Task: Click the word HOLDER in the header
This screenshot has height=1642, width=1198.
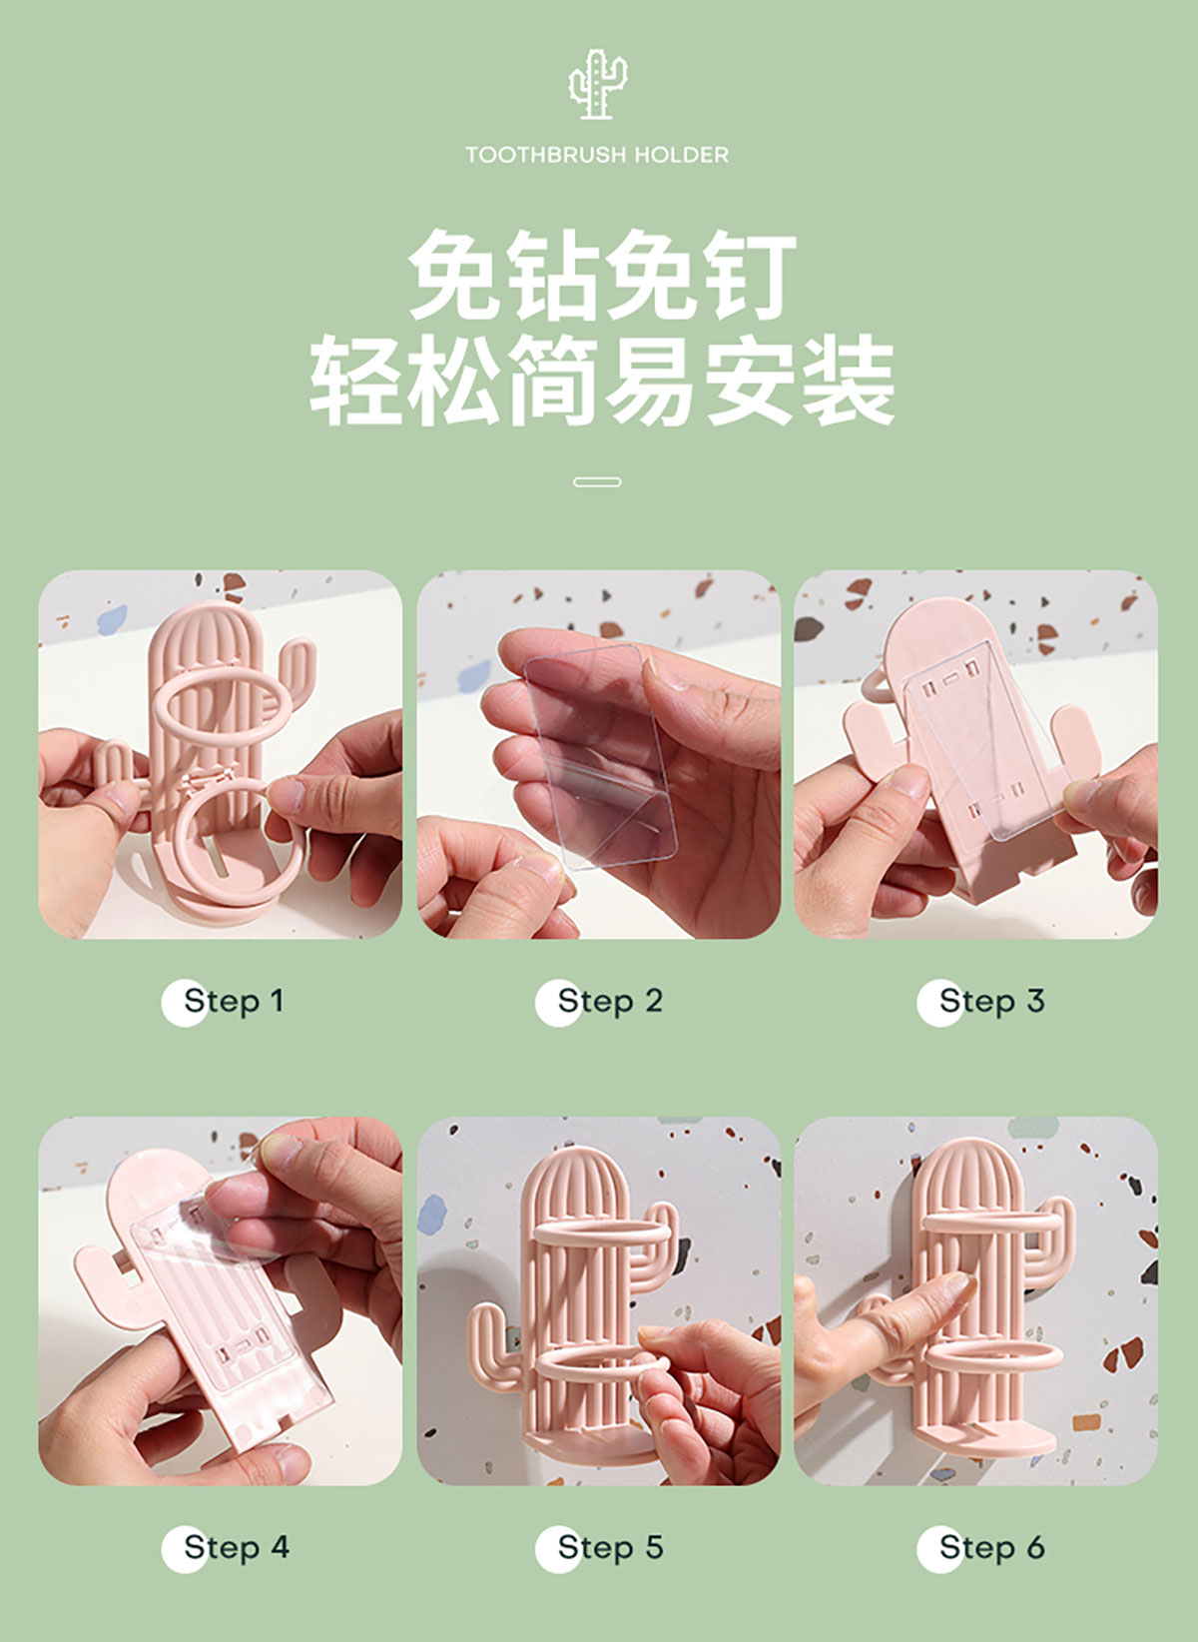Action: (682, 155)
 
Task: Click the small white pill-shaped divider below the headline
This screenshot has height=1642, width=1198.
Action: (597, 482)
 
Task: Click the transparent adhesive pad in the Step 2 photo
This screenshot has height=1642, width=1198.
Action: (602, 755)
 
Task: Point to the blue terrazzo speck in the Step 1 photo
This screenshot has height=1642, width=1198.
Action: (112, 619)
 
